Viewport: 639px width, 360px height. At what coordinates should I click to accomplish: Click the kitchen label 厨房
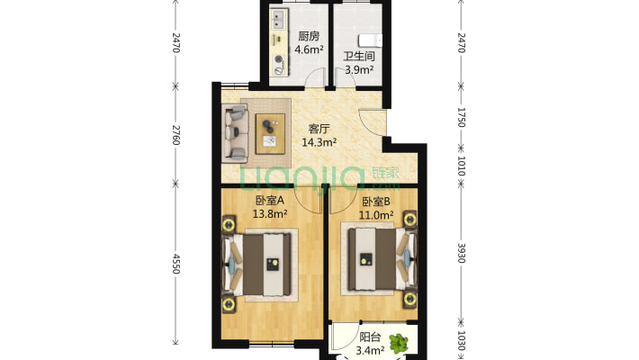click(x=309, y=36)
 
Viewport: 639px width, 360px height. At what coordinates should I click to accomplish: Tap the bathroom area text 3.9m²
click(x=359, y=69)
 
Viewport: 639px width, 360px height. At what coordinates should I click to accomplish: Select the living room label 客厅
click(x=319, y=129)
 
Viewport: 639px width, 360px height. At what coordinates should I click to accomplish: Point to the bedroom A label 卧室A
click(x=270, y=200)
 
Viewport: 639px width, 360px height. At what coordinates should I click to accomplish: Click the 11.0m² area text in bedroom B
click(x=376, y=215)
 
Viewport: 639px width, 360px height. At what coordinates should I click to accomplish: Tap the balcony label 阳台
click(x=370, y=337)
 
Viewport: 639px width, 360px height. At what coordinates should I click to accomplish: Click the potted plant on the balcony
click(x=399, y=343)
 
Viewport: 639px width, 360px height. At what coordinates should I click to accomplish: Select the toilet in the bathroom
click(x=370, y=40)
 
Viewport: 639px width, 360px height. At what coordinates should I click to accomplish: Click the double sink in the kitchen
click(x=278, y=20)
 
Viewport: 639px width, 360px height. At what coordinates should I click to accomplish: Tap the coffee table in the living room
click(x=270, y=134)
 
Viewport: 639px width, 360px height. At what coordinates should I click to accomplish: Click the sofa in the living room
click(x=235, y=131)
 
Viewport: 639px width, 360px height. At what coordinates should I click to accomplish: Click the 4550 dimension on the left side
click(x=175, y=264)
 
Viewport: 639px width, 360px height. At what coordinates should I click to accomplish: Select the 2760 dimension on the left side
click(x=175, y=135)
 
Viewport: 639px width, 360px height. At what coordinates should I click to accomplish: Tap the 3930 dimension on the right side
click(x=461, y=253)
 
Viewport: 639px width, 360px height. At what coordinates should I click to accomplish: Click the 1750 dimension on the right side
click(x=461, y=117)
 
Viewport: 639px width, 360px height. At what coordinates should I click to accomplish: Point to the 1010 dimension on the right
click(x=461, y=166)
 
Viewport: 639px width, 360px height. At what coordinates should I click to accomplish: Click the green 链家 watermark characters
click(x=385, y=173)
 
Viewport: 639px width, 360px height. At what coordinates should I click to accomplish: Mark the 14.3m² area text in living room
click(x=319, y=142)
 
